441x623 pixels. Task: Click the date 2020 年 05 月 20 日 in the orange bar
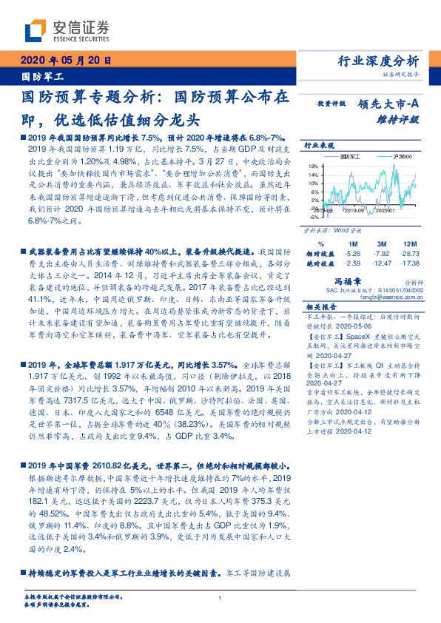66,61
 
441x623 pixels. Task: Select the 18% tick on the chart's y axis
313,166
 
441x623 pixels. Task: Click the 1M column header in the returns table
352,243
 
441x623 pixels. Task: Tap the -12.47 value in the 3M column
383,263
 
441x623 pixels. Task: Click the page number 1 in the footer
220,599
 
